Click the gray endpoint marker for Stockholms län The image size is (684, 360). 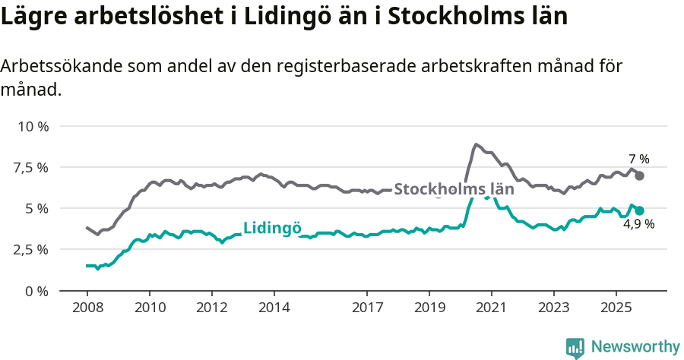[640, 175]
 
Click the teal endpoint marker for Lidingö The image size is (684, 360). [640, 210]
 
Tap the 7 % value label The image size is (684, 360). [639, 159]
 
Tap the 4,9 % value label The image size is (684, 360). [639, 225]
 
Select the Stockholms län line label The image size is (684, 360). [454, 189]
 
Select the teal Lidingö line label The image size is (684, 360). [273, 228]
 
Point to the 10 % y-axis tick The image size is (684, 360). [33, 126]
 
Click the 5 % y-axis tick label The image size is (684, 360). [36, 208]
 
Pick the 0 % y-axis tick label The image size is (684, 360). [36, 291]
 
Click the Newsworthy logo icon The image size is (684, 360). [575, 348]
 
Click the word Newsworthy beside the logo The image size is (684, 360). [635, 347]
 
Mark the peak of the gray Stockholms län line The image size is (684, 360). [476, 144]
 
